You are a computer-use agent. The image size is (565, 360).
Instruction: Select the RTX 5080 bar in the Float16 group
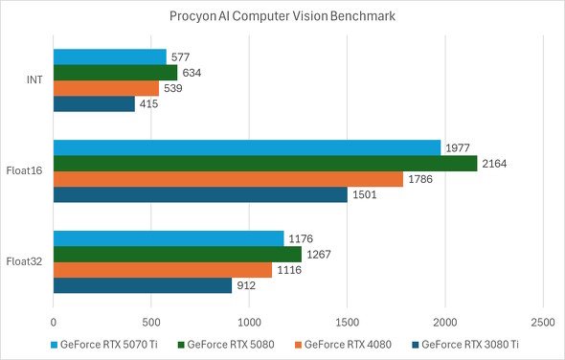click(264, 164)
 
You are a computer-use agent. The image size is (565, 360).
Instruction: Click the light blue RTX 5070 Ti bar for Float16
click(246, 147)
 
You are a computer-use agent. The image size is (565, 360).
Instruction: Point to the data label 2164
click(495, 164)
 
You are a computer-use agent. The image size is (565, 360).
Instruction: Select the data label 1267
click(319, 254)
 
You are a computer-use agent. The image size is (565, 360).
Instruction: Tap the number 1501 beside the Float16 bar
click(365, 195)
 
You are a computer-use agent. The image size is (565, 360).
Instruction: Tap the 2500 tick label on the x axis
click(542, 323)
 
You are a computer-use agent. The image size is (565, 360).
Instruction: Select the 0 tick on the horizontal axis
click(54, 323)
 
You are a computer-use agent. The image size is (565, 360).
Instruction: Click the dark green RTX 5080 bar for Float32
click(177, 254)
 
